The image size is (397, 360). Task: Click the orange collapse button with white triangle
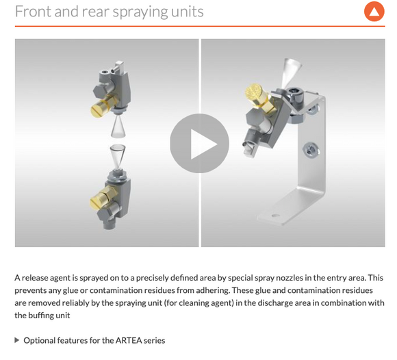coord(374,12)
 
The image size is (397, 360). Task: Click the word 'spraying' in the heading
coord(140,12)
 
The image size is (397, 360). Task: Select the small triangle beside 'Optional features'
coord(17,340)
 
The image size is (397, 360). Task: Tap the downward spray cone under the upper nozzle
coord(118,127)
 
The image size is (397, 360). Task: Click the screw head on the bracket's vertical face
coord(311,150)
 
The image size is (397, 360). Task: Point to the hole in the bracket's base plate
coord(275,216)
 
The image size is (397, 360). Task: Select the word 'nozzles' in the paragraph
coord(290,278)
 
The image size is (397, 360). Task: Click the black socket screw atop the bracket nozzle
coord(294,92)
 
